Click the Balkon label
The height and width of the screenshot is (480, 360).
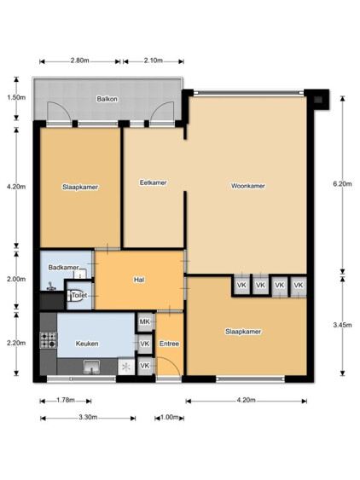[x=107, y=99]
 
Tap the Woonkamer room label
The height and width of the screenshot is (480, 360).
[x=248, y=186]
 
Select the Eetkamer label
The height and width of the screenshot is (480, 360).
[x=154, y=182]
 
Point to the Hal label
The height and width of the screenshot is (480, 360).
[x=139, y=280]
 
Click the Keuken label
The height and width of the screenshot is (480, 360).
[x=87, y=344]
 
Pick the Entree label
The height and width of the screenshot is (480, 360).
[x=169, y=344]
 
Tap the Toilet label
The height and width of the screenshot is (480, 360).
[x=79, y=295]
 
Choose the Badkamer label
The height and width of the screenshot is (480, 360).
[x=63, y=268]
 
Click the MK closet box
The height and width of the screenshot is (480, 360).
[x=145, y=322]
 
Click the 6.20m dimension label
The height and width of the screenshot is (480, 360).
[x=342, y=184]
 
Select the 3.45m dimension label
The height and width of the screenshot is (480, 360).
[x=342, y=325]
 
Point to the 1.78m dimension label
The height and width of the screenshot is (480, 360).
[x=66, y=400]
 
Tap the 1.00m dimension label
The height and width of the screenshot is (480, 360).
[x=170, y=417]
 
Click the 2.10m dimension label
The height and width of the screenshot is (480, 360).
[x=154, y=61]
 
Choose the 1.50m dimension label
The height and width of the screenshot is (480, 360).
[x=16, y=98]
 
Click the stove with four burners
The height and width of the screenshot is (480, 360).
[x=49, y=340]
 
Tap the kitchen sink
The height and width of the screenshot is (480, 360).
[x=92, y=367]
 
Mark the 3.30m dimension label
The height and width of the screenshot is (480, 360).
[x=88, y=417]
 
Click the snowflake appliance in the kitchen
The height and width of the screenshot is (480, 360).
[x=126, y=367]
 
